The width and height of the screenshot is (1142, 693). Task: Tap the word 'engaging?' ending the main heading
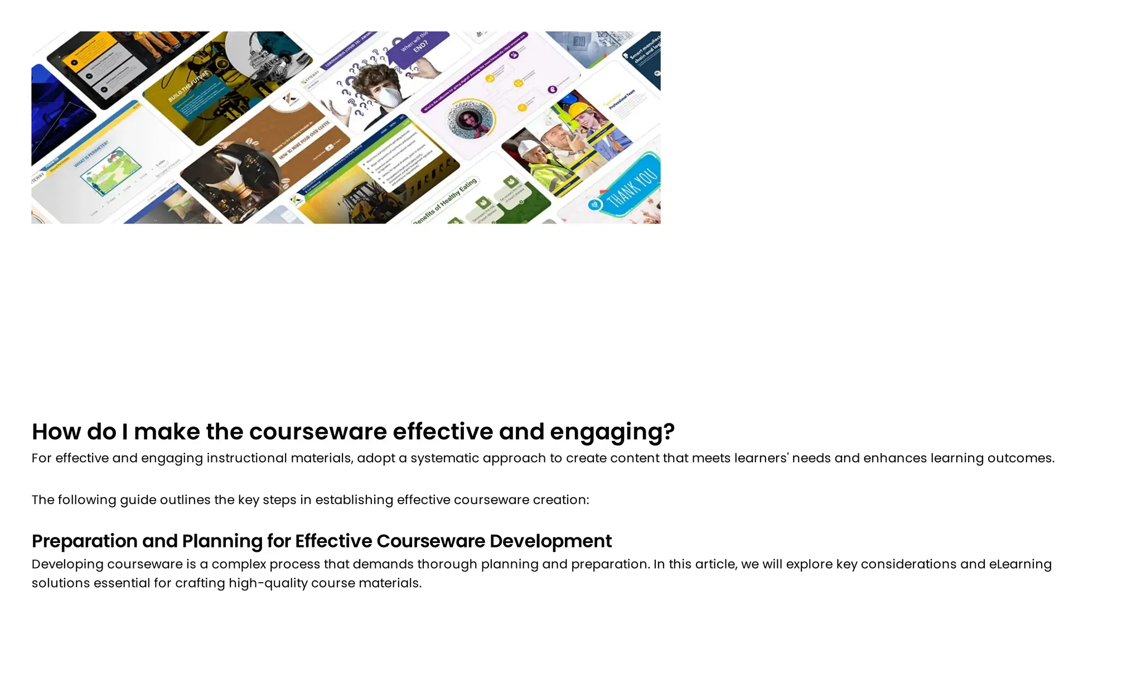[x=612, y=432]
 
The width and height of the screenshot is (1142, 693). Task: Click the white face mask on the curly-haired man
[x=389, y=96]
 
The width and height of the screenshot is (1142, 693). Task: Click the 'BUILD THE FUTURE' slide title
[x=188, y=86]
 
